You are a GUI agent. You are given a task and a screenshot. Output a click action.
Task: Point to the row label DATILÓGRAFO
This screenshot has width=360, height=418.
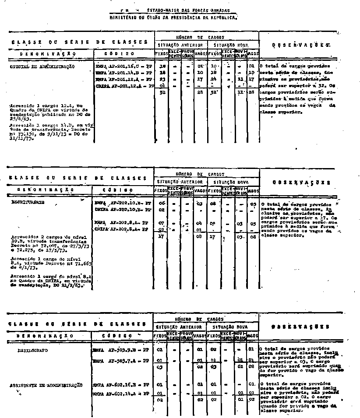[32, 351]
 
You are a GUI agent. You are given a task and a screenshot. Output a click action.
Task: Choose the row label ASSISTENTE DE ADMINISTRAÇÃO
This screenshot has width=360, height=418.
[46, 385]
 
